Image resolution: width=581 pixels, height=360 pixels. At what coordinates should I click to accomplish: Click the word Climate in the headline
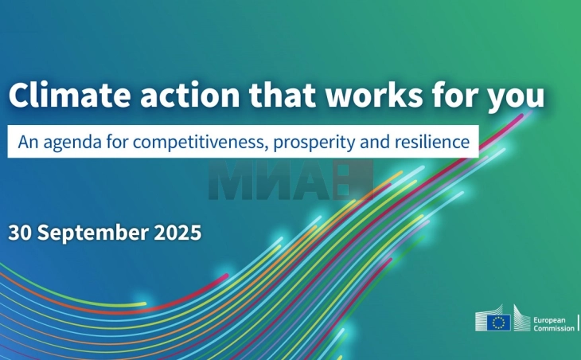click(70, 95)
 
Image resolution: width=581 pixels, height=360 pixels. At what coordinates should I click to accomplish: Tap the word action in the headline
click(189, 96)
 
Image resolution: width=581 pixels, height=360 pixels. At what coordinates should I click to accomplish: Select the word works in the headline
click(374, 95)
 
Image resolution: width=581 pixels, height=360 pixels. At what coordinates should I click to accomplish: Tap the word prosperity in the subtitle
click(314, 143)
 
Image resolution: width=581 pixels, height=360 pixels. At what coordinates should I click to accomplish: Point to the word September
click(93, 233)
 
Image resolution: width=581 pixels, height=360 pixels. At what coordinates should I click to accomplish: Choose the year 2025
click(177, 233)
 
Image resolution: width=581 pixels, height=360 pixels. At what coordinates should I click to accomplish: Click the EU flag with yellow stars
click(498, 323)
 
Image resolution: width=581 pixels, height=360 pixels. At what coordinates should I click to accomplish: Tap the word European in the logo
click(549, 320)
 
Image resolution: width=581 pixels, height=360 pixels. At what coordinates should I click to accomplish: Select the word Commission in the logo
click(554, 328)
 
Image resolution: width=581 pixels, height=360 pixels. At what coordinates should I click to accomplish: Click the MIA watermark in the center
click(290, 180)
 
